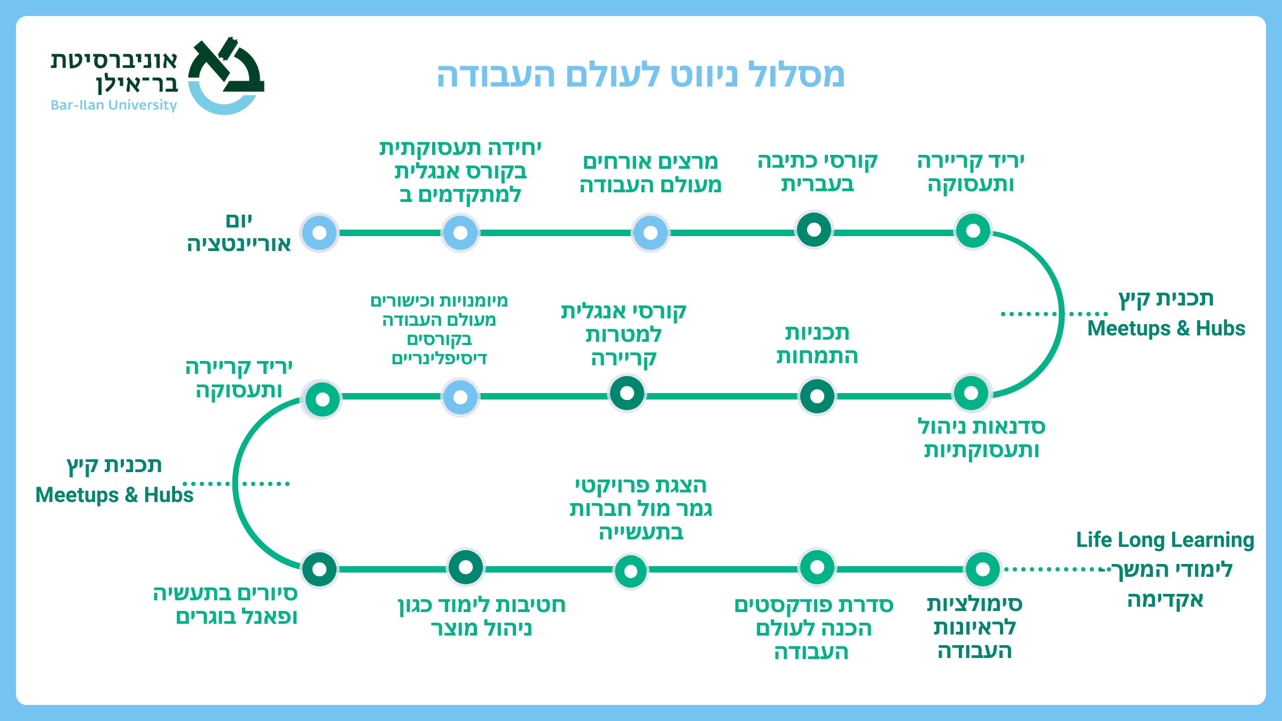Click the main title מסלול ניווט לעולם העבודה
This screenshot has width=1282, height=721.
pyautogui.click(x=640, y=75)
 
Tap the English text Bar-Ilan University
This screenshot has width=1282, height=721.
pyautogui.click(x=113, y=105)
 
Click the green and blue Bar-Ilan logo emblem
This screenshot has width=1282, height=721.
pyautogui.click(x=226, y=75)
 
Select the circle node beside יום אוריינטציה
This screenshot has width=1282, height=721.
pyautogui.click(x=319, y=233)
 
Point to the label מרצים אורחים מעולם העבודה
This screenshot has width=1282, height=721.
pyautogui.click(x=650, y=173)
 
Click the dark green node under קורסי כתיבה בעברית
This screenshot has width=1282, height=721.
pyautogui.click(x=814, y=230)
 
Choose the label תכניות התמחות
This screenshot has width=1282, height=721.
pyautogui.click(x=817, y=344)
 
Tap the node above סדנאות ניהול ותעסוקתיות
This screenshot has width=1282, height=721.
pyautogui.click(x=971, y=393)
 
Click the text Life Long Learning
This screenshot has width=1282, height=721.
pyautogui.click(x=1164, y=540)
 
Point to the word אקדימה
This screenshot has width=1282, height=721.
pyautogui.click(x=1165, y=600)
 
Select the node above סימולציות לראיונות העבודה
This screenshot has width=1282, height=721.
pyautogui.click(x=982, y=569)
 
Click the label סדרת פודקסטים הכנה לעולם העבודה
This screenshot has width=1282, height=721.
pyautogui.click(x=813, y=628)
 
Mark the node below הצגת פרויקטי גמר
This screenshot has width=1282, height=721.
pyautogui.click(x=631, y=571)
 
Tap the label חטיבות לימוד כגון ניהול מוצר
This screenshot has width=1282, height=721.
pyautogui.click(x=481, y=616)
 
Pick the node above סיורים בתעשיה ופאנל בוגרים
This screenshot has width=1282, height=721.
pyautogui.click(x=319, y=569)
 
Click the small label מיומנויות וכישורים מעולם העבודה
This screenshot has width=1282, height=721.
pyautogui.click(x=439, y=328)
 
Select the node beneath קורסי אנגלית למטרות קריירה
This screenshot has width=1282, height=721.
pyautogui.click(x=627, y=394)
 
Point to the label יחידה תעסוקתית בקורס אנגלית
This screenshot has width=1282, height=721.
pyautogui.click(x=460, y=171)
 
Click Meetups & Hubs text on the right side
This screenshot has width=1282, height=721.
pyautogui.click(x=1166, y=328)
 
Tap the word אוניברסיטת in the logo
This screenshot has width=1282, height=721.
pyautogui.click(x=114, y=60)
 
